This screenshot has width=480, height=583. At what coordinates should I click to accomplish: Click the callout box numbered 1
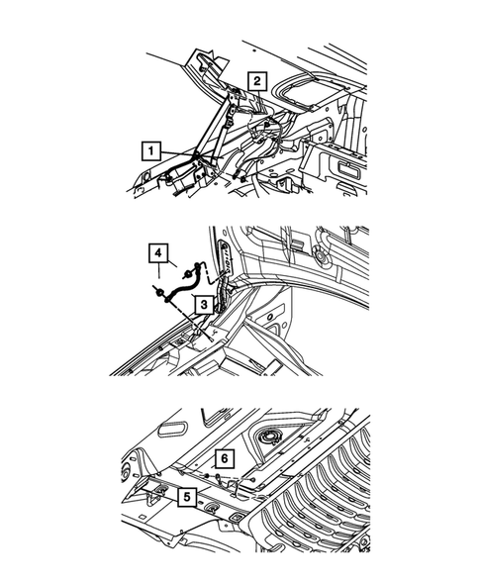click(150, 151)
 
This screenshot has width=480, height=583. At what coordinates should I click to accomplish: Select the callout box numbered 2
click(256, 80)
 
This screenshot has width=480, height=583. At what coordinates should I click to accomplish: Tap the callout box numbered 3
click(201, 307)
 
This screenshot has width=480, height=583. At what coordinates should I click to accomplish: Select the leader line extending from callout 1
click(178, 151)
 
